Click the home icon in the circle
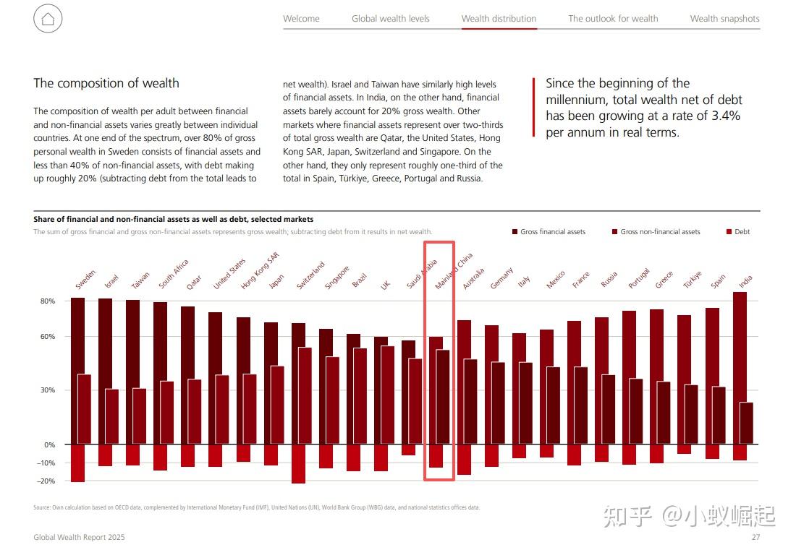pyautogui.click(x=48, y=19)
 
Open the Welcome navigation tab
pyautogui.click(x=301, y=19)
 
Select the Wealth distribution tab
pyautogui.click(x=499, y=19)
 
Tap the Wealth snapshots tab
pyautogui.click(x=724, y=19)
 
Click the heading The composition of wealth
pyautogui.click(x=106, y=83)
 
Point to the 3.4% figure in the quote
pyautogui.click(x=725, y=116)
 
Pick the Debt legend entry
pyautogui.click(x=738, y=232)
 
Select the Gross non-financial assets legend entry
pyautogui.click(x=656, y=232)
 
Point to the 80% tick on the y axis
pyautogui.click(x=48, y=301)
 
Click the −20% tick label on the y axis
pyautogui.click(x=46, y=481)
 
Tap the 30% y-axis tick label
pyautogui.click(x=48, y=390)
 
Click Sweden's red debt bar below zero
pyautogui.click(x=77, y=463)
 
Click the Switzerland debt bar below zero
pyautogui.click(x=298, y=464)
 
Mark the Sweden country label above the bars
pyautogui.click(x=85, y=279)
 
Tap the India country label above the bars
pyautogui.click(x=745, y=282)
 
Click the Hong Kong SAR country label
pyautogui.click(x=260, y=271)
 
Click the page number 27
pyautogui.click(x=756, y=537)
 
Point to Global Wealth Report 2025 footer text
pyautogui.click(x=79, y=537)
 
